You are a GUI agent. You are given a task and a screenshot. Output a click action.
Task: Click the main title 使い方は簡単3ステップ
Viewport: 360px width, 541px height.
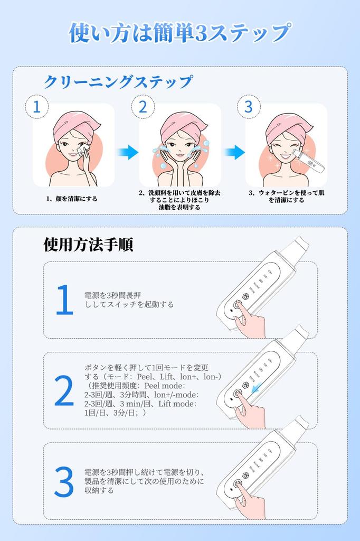[179, 33]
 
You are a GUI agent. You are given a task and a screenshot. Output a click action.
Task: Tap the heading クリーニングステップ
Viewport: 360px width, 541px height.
[118, 82]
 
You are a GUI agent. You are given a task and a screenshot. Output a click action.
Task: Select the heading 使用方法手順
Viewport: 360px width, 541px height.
[88, 244]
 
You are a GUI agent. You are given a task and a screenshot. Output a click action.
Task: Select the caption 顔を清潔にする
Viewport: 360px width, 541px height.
[71, 199]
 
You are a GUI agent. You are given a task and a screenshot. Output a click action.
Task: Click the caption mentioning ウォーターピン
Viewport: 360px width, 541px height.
[286, 197]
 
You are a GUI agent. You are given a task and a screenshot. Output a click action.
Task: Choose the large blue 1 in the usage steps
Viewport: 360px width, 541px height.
[64, 300]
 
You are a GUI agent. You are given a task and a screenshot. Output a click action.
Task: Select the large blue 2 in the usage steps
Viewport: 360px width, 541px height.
[64, 391]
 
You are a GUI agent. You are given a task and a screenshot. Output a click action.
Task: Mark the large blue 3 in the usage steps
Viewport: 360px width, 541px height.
[64, 481]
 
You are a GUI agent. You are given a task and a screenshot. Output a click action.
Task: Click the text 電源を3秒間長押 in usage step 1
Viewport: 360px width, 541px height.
[112, 295]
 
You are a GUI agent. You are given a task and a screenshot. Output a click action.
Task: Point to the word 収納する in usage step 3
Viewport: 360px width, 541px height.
[99, 490]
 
